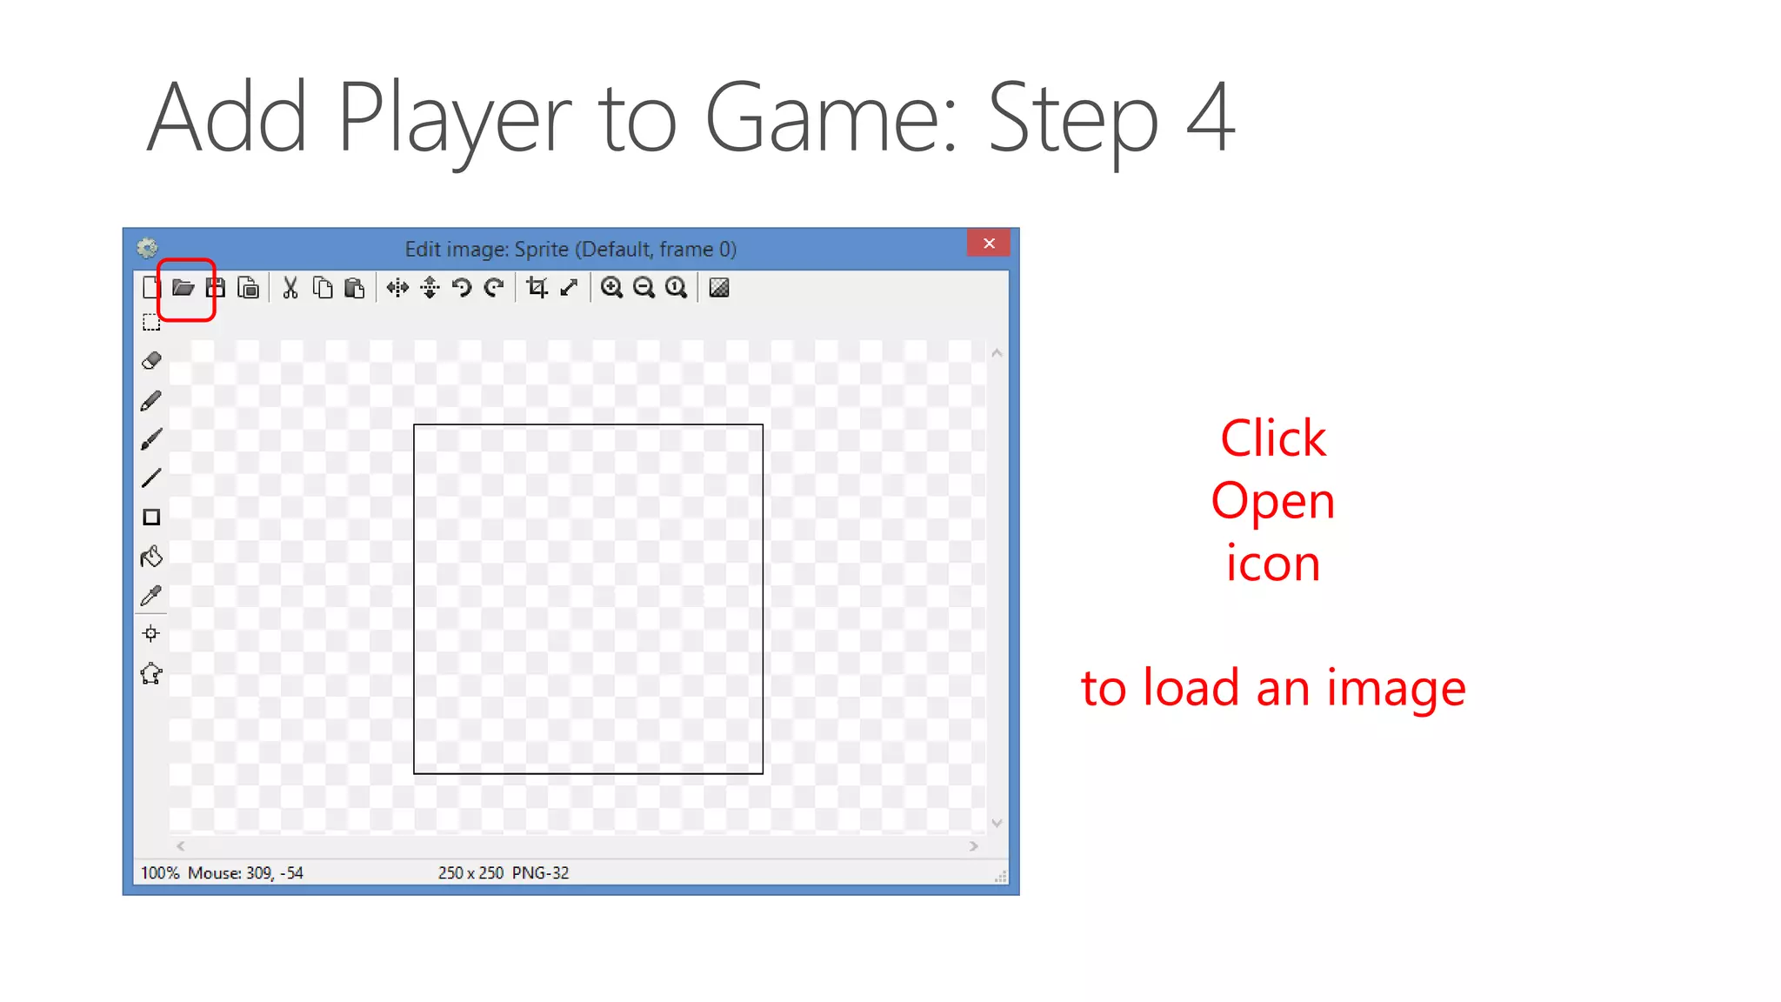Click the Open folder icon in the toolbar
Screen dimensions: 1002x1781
(x=183, y=288)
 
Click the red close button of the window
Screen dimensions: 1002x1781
(x=989, y=244)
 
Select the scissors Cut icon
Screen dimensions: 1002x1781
(x=290, y=288)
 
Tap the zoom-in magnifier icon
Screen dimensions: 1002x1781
(x=611, y=288)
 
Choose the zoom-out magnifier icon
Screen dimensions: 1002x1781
(x=644, y=288)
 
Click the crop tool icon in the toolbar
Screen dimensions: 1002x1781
(x=537, y=288)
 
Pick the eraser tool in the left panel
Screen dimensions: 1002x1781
(x=151, y=360)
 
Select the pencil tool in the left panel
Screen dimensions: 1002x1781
(x=151, y=401)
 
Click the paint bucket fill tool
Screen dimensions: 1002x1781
(x=151, y=557)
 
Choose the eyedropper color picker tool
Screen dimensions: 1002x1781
(x=151, y=596)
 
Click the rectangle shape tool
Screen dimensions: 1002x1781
(x=151, y=518)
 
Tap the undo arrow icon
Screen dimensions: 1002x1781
(x=462, y=288)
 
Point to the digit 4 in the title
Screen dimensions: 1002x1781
(x=1210, y=117)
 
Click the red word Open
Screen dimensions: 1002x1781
(x=1272, y=502)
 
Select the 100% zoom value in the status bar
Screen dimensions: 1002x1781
(x=160, y=872)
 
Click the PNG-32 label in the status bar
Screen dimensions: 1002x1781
(x=540, y=872)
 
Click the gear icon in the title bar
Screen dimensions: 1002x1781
(x=147, y=249)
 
